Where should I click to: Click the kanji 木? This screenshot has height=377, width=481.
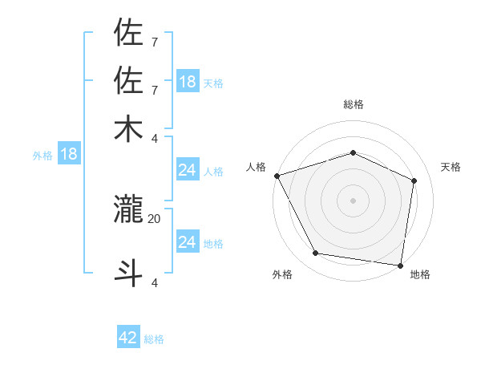pos(129,128)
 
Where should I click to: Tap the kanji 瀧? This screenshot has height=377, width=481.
pos(129,209)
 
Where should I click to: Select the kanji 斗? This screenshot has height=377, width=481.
pos(129,272)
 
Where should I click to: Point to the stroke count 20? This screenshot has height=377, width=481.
pos(155,217)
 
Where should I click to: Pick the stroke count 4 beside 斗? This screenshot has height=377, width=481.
pos(155,282)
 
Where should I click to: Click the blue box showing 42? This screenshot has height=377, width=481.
pos(128,338)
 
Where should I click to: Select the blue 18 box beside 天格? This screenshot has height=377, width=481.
pos(188,82)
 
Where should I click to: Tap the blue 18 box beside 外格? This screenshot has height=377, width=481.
pos(69,154)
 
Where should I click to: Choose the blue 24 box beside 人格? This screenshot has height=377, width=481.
pos(188,170)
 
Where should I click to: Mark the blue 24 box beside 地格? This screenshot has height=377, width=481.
pos(188,241)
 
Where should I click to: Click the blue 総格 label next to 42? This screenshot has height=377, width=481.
pos(154,339)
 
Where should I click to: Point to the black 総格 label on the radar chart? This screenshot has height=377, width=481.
pos(354,104)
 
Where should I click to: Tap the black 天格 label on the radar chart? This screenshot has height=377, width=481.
pos(451,167)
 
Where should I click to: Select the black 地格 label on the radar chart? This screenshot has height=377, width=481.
pos(420,274)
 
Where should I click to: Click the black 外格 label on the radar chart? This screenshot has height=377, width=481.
pos(282,274)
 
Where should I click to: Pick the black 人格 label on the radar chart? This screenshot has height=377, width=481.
pos(257,167)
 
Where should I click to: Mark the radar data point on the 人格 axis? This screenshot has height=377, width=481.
pos(277,176)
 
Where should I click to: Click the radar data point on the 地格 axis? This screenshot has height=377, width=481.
pos(400,265)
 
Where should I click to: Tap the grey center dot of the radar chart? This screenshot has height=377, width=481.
pos(353,200)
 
